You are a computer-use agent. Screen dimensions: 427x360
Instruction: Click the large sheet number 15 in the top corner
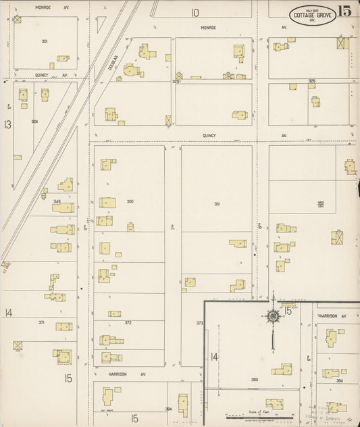point(345,11)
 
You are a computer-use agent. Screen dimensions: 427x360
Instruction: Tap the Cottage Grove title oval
point(313,15)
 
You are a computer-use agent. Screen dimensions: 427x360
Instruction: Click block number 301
point(44,41)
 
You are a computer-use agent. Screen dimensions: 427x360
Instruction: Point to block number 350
point(130,201)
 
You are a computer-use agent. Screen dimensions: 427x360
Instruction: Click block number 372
point(128,323)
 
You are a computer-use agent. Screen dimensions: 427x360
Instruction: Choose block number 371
point(41,323)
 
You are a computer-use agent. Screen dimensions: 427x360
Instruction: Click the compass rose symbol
point(273,315)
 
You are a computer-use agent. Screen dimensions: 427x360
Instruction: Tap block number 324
point(34,122)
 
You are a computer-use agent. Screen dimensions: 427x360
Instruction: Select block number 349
point(57,201)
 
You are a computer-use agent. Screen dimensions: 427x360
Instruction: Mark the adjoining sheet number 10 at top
point(195,12)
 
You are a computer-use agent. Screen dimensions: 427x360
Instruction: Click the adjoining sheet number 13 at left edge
point(7,124)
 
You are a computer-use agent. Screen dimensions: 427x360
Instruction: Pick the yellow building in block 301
point(62,59)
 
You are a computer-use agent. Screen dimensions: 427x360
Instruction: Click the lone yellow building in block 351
point(238,243)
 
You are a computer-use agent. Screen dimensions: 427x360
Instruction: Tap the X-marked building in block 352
point(337,237)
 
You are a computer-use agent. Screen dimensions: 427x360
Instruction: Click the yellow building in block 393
point(282,370)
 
